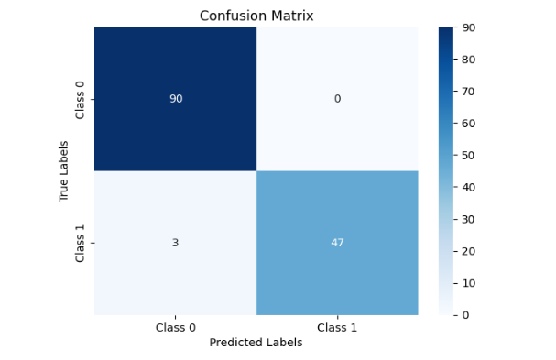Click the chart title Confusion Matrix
[x=256, y=15]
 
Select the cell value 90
[x=175, y=99]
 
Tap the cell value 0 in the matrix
[x=337, y=99]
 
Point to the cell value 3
[x=175, y=243]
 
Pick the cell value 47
[x=337, y=243]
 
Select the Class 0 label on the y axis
[x=81, y=99]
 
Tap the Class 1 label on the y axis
[x=81, y=243]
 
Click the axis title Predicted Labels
[x=256, y=343]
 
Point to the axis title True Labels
[x=64, y=170]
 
